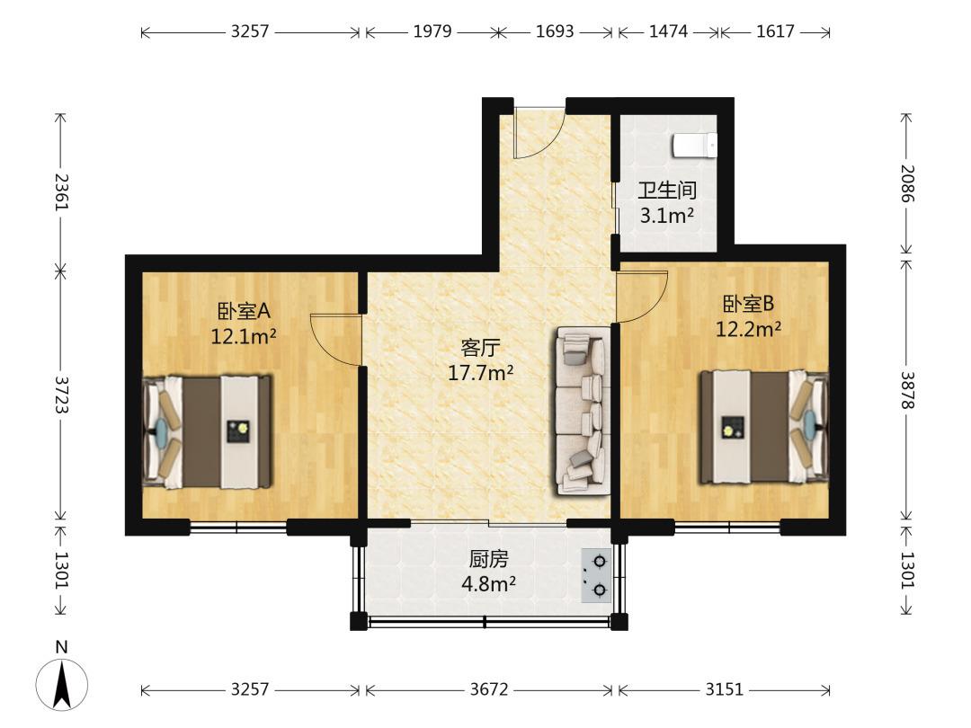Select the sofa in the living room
583,411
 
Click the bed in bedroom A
208,431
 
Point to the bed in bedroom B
764,427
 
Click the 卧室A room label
244,310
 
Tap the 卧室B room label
749,304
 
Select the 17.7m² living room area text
480,373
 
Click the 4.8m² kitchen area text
488,583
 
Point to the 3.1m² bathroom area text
666,216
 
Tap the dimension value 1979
432,31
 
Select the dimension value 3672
488,689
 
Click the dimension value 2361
61,191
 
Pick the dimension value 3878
906,390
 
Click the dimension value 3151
724,689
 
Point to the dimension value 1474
668,31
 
